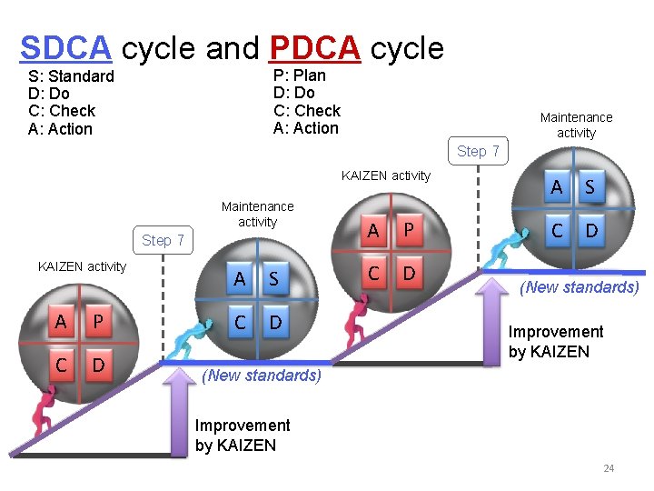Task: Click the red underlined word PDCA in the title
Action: point(314,47)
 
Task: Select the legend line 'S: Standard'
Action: point(71,76)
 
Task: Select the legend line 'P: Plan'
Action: point(299,75)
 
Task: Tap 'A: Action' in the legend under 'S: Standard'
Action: point(60,129)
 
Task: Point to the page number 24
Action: point(609,468)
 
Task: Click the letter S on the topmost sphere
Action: point(590,187)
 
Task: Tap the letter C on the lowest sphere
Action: point(60,366)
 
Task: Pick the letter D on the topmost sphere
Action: point(591,231)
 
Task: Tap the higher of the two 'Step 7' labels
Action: point(478,151)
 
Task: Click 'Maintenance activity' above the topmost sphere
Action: point(576,125)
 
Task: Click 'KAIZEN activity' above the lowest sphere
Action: point(82,266)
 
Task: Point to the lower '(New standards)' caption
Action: point(262,375)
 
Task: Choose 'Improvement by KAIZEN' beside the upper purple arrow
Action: point(555,341)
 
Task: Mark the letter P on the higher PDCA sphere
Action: point(409,231)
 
